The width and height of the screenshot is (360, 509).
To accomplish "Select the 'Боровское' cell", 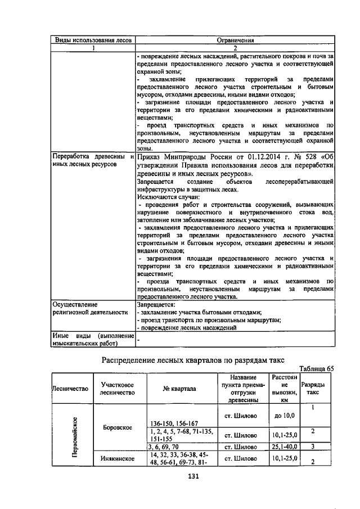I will tap(118, 427).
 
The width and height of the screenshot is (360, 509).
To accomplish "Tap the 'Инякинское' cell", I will tap(118, 458).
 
